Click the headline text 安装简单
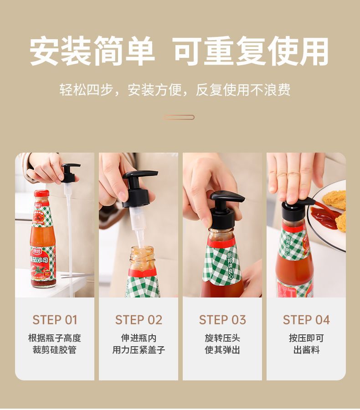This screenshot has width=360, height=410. (x=92, y=51)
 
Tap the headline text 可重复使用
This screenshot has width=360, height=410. (x=251, y=51)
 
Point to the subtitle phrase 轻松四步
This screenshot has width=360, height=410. (x=86, y=90)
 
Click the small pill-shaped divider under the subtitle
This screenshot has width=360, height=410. (x=179, y=117)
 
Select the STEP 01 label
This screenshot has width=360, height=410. (x=55, y=320)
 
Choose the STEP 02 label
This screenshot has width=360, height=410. (x=139, y=320)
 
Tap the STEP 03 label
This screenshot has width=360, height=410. (x=222, y=320)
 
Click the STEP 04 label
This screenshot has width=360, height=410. (x=306, y=320)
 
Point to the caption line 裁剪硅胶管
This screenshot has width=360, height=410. (x=54, y=349)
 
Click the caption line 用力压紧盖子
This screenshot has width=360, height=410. (x=139, y=349)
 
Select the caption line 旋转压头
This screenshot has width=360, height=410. (x=222, y=338)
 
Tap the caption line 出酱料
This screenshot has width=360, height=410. (x=306, y=349)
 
